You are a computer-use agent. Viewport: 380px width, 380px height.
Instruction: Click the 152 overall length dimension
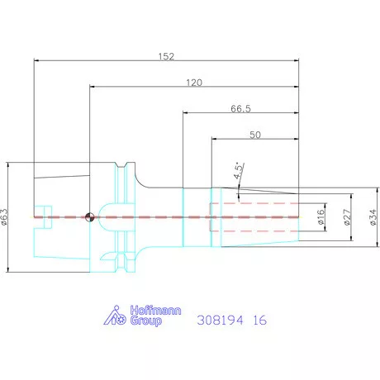click(x=166, y=56)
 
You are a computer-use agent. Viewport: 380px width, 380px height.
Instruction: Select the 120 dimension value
click(x=194, y=83)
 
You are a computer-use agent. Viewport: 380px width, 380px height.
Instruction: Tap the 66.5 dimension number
click(x=241, y=109)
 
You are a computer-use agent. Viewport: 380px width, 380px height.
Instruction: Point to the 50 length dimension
click(x=255, y=135)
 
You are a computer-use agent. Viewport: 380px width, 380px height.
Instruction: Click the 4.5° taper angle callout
click(x=239, y=171)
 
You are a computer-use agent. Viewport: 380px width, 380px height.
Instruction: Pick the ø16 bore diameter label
click(x=321, y=217)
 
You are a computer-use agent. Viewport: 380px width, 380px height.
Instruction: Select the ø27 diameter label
click(x=348, y=217)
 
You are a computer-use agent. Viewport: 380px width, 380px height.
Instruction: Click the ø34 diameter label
click(x=373, y=217)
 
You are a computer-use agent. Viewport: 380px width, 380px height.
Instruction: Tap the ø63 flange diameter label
click(x=5, y=217)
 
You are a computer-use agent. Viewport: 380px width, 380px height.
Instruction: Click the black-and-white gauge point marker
click(x=90, y=217)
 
